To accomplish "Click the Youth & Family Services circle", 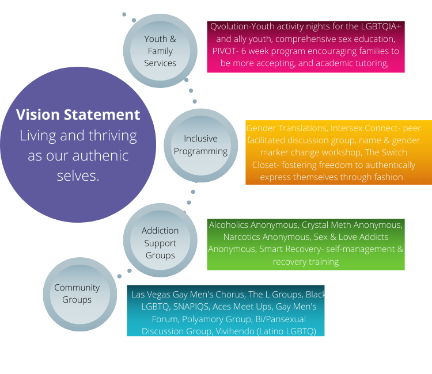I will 160,51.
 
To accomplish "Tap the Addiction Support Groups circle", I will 160,243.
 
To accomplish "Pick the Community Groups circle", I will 77,293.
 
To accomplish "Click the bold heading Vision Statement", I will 78,115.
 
